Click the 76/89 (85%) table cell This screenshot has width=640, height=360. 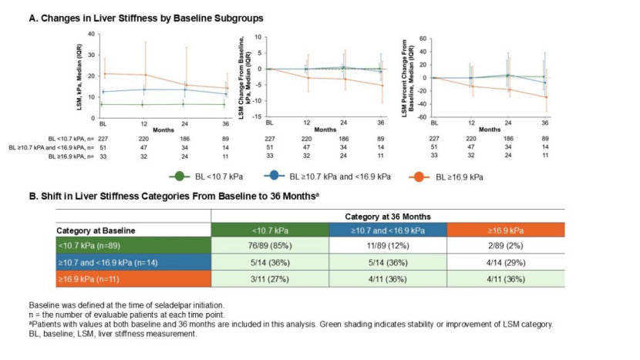pos(270,247)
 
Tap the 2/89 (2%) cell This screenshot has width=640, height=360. pos(507,247)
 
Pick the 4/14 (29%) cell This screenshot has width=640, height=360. pos(507,263)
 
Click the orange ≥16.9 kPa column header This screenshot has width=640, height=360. pos(507,230)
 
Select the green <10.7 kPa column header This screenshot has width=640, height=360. pos(270,230)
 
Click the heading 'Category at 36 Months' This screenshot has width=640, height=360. pos(388,217)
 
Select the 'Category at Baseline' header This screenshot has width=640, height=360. pos(96,230)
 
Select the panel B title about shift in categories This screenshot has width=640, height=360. pos(173,197)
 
